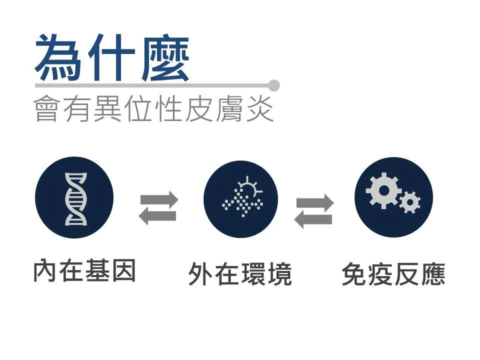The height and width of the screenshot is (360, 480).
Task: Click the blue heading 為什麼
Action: (x=112, y=57)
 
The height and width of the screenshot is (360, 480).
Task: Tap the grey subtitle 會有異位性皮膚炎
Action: (x=153, y=108)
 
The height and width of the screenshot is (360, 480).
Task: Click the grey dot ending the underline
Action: (x=273, y=85)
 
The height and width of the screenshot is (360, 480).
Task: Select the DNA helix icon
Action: (x=75, y=199)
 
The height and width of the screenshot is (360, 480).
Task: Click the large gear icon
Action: (x=383, y=190)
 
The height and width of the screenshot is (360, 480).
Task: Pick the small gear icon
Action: (x=410, y=202)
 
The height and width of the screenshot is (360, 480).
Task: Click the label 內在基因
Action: (x=84, y=270)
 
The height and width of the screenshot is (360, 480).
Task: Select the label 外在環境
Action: (x=240, y=273)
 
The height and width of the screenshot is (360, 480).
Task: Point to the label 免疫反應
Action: (x=393, y=274)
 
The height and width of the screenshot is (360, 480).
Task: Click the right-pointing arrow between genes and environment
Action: (x=159, y=200)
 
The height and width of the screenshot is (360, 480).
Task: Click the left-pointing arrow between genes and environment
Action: (x=157, y=216)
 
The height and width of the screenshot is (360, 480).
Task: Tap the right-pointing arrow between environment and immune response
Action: (x=315, y=202)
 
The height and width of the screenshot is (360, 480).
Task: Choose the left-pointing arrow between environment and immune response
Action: (x=313, y=219)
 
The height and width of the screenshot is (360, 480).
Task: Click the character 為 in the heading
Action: (x=58, y=57)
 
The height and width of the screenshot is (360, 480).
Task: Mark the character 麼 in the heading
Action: (x=165, y=58)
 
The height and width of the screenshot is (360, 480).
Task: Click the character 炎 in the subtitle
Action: (x=260, y=108)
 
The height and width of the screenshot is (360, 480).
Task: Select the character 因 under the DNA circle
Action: (x=123, y=270)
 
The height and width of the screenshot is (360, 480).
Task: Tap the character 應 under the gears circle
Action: (x=433, y=274)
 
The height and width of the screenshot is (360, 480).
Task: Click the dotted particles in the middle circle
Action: (x=242, y=202)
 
